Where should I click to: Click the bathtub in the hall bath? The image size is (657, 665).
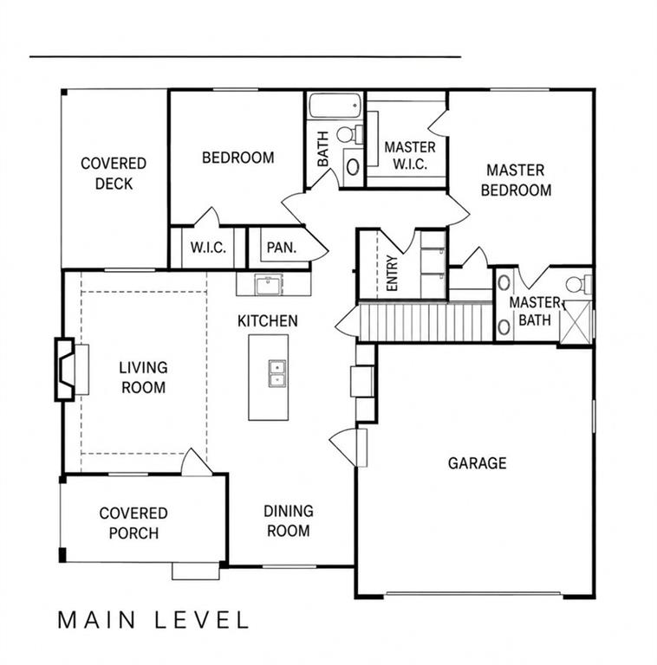pos(335,106)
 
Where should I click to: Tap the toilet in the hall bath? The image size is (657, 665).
pos(350,134)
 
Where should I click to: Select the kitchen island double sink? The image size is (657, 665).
pos(277,373)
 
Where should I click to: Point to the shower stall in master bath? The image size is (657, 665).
pos(576,322)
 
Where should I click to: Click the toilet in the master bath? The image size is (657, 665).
pos(579,284)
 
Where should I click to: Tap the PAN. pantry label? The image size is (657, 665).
pos(282,248)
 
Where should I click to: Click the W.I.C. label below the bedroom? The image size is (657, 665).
pos(208,248)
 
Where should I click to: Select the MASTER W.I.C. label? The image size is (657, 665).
pos(410,156)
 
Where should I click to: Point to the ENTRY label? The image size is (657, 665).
pos(392,273)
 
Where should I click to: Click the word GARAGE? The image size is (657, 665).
pos(477,462)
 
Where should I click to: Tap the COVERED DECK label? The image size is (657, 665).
pos(114,173)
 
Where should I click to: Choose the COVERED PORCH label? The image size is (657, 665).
pos(133,523)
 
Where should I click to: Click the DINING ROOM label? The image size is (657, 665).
pos(289,520)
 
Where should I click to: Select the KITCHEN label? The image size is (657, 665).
pos(267,321)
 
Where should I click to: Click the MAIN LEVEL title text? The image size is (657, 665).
pos(153,620)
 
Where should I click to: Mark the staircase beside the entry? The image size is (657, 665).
pos(426,321)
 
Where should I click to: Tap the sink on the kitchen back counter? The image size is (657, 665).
pos(269,285)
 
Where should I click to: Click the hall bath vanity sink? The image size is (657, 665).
pos(353,166)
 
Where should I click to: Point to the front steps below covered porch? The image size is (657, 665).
pos(196,571)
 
